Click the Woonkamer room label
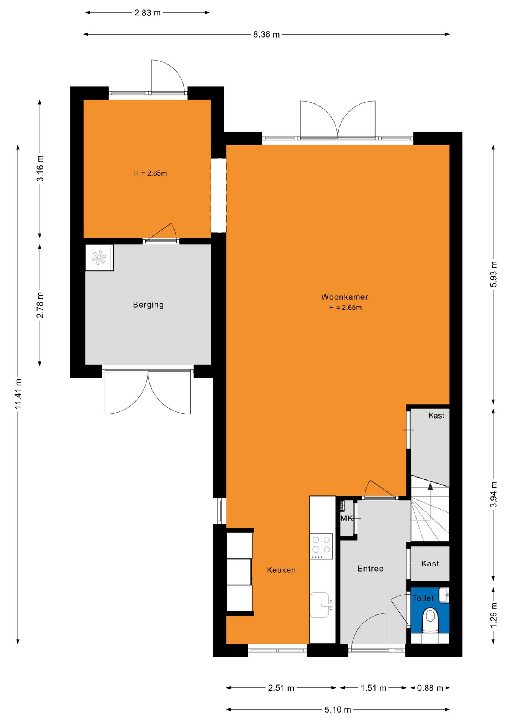(x=345, y=297)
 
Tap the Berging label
(x=148, y=305)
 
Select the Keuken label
(x=281, y=570)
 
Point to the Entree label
(x=370, y=569)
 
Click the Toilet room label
(x=423, y=598)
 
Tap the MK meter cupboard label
(x=347, y=518)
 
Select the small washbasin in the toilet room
(x=444, y=595)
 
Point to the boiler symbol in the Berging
(x=99, y=258)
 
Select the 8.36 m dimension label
(x=266, y=35)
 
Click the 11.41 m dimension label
(x=18, y=394)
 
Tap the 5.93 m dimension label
(x=493, y=274)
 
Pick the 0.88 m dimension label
(x=430, y=688)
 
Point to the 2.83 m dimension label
(x=148, y=13)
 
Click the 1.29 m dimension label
(x=493, y=615)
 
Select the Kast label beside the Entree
(x=430, y=563)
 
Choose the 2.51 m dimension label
(x=281, y=688)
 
